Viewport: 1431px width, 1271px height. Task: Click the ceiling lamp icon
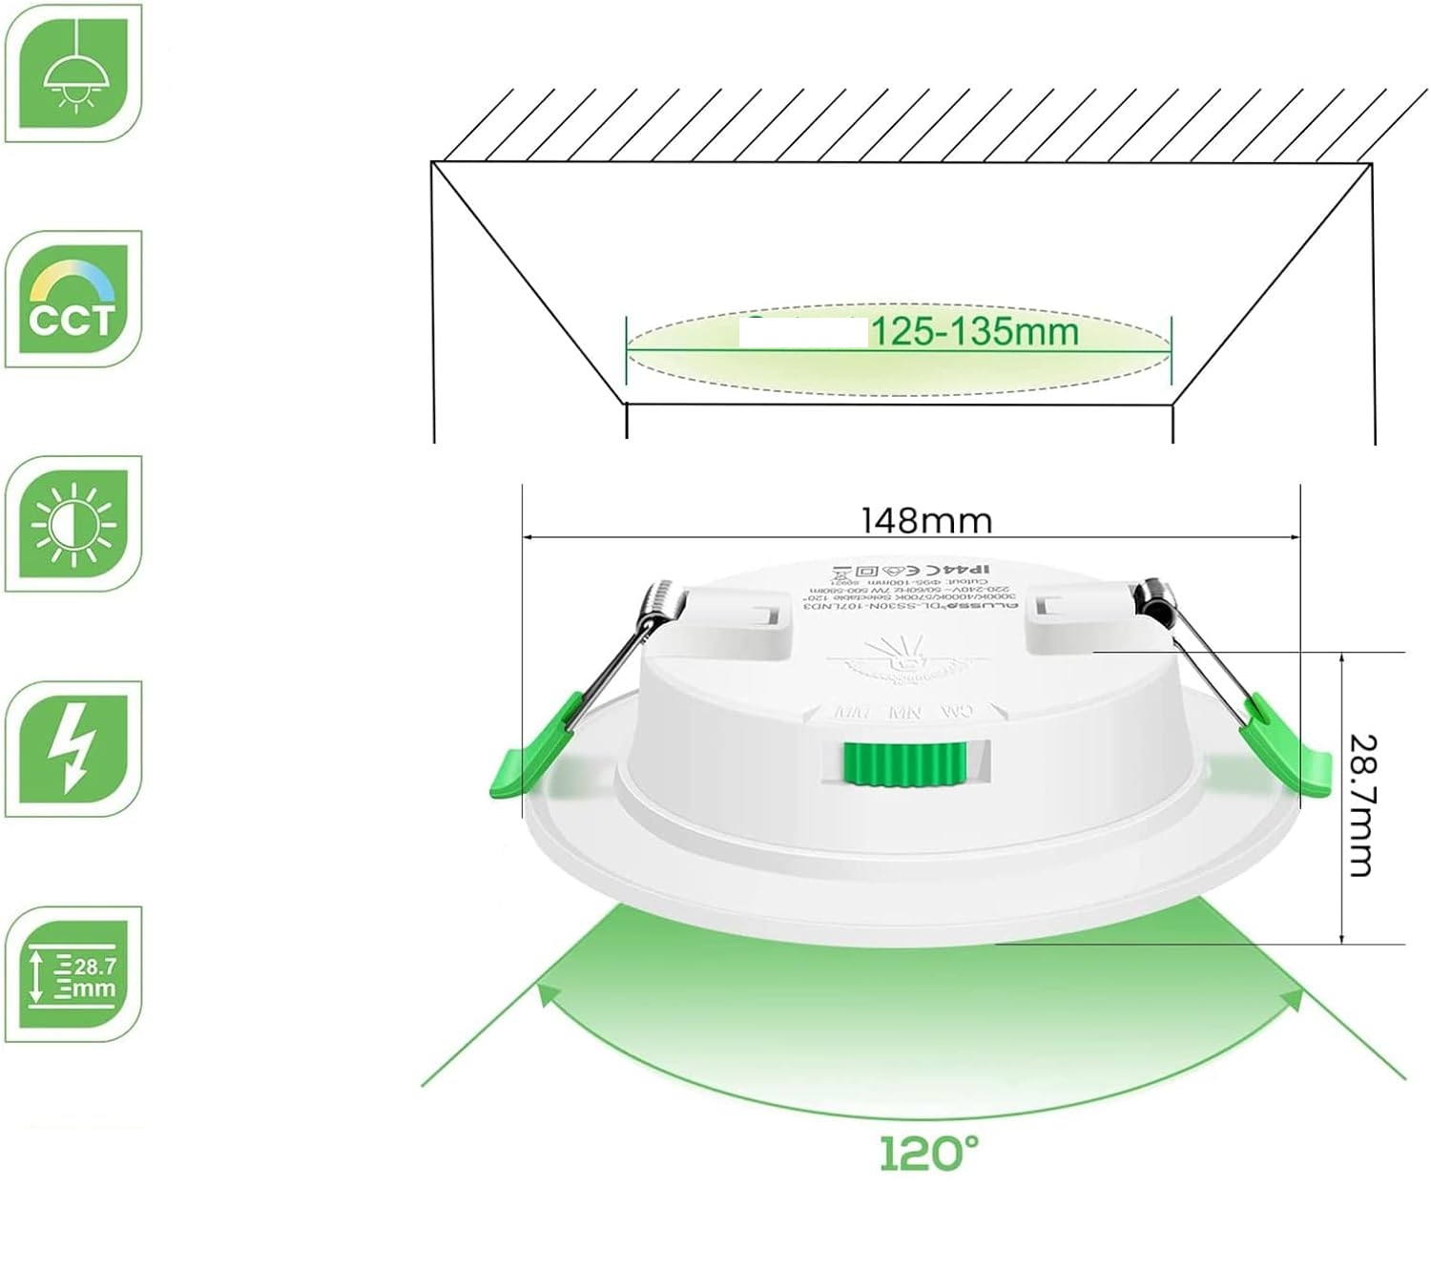(73, 73)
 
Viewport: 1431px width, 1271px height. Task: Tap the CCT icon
(73, 299)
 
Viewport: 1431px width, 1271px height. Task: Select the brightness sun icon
(73, 524)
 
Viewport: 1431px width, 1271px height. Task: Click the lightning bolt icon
(73, 749)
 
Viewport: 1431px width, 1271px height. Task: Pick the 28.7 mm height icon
(73, 974)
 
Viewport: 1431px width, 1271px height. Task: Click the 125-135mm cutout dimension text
(974, 332)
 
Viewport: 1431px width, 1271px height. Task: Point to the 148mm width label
(926, 521)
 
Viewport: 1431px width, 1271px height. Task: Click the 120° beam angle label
(927, 1154)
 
